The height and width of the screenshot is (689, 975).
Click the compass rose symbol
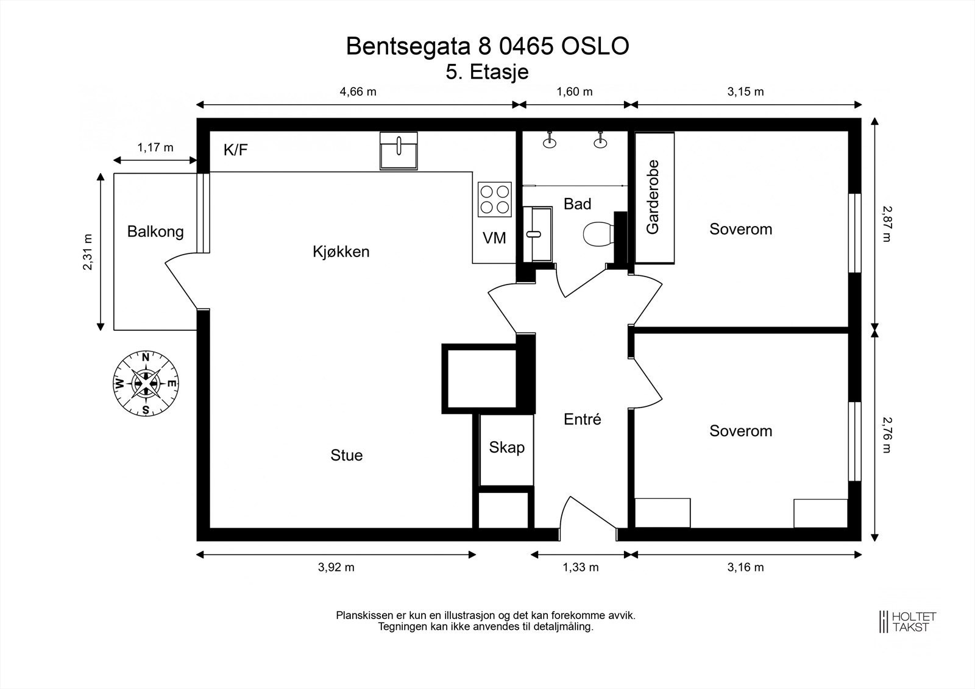tap(146, 384)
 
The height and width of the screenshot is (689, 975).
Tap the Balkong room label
tap(155, 231)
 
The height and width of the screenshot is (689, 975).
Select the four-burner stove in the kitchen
tap(494, 199)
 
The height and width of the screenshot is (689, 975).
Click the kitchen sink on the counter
tap(399, 150)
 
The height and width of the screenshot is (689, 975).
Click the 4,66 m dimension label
tap(358, 92)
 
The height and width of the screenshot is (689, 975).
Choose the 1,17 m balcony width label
tap(155, 147)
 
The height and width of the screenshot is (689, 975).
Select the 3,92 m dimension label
tap(336, 567)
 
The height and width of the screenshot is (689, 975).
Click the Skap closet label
tap(506, 448)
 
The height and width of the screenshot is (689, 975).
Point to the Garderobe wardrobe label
tap(653, 197)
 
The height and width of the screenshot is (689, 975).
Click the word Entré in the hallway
tap(582, 419)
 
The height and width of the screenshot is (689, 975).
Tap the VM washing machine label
tap(494, 238)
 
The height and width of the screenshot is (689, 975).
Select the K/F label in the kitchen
tap(236, 150)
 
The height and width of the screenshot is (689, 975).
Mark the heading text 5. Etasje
tap(487, 72)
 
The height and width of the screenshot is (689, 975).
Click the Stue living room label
tap(346, 455)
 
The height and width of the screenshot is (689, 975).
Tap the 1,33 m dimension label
tap(580, 567)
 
